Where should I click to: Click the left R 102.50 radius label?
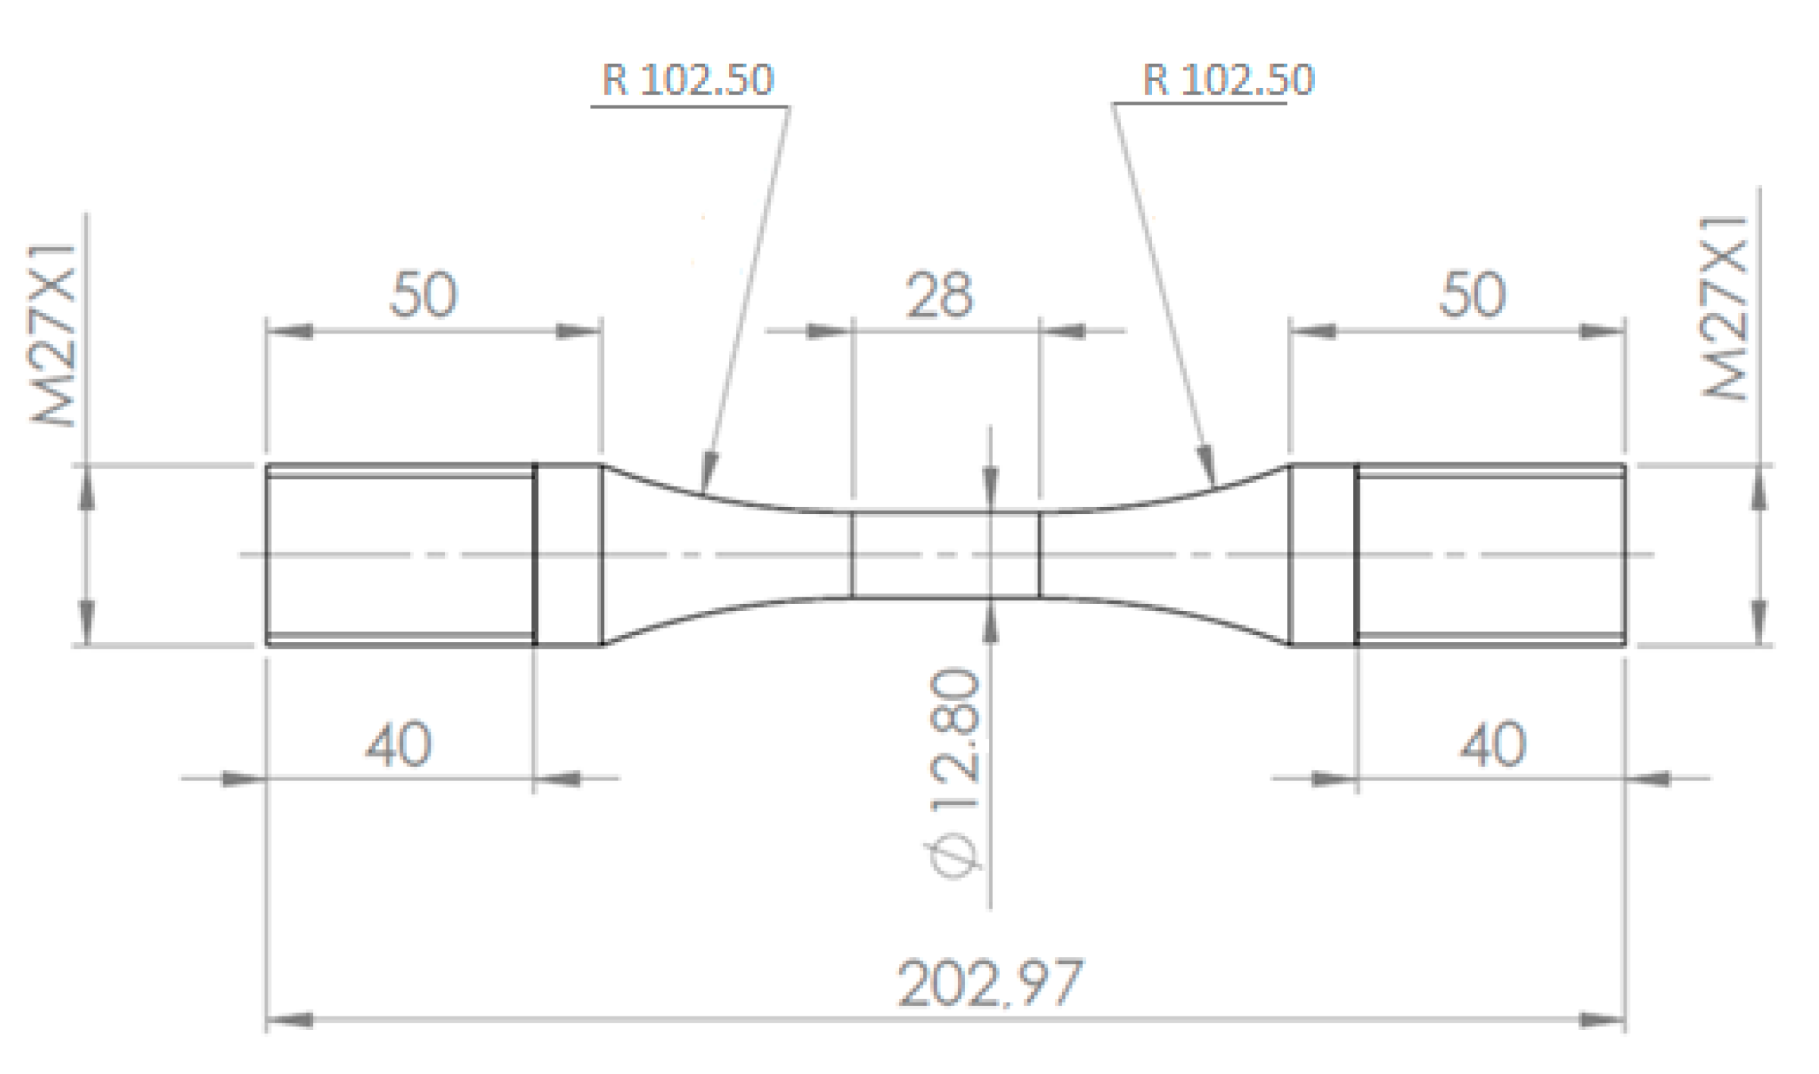coord(687,80)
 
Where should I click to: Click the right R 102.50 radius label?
coord(1228,80)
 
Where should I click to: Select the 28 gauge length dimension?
coord(939,295)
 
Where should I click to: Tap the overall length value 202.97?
coord(990,984)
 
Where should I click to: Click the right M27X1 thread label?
coord(1725,308)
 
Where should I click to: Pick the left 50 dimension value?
coord(423,295)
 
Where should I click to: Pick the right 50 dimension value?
coord(1472,295)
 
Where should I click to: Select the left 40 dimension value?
coord(399,745)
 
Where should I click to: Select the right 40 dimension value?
coord(1492,745)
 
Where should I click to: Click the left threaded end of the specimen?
coord(400,555)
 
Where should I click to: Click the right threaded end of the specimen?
coord(1490,555)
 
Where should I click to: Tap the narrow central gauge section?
coord(945,555)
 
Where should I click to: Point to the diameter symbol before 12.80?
coord(954,856)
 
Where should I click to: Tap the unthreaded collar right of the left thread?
coord(568,555)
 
